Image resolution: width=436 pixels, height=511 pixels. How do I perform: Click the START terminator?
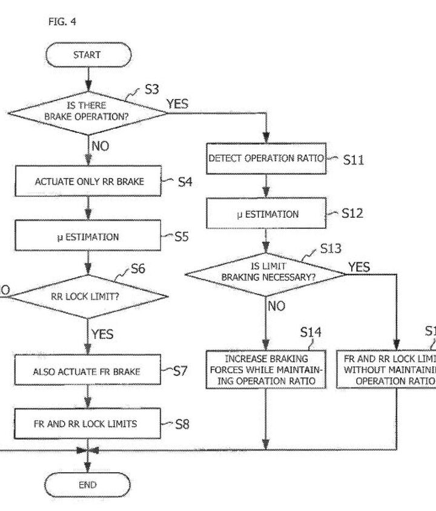click(87, 54)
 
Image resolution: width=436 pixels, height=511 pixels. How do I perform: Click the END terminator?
click(87, 484)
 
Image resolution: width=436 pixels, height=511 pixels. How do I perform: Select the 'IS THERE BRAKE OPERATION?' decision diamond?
click(87, 110)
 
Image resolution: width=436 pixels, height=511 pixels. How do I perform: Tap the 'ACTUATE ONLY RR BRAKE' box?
click(89, 181)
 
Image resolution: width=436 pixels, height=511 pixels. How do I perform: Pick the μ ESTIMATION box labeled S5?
click(89, 236)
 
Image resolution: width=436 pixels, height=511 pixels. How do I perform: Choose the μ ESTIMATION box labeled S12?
click(267, 213)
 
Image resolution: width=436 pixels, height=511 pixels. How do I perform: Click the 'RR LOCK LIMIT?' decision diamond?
click(87, 296)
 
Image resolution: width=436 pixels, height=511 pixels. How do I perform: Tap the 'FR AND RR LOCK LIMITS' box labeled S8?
click(85, 423)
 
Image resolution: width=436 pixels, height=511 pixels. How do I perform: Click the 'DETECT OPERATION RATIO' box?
click(267, 158)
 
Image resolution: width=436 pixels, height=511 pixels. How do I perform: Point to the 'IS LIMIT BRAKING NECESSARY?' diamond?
click(267, 272)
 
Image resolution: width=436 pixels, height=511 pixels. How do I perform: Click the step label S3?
click(151, 90)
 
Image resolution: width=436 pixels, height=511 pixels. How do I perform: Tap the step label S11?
click(353, 161)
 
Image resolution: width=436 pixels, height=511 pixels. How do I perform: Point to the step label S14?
click(311, 332)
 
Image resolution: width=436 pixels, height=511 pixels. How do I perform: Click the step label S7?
click(180, 371)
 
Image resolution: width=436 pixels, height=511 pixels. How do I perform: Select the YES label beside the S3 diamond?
click(177, 104)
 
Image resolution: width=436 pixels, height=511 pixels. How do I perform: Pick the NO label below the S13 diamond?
click(276, 306)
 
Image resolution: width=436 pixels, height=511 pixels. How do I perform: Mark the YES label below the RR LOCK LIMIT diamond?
click(102, 333)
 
